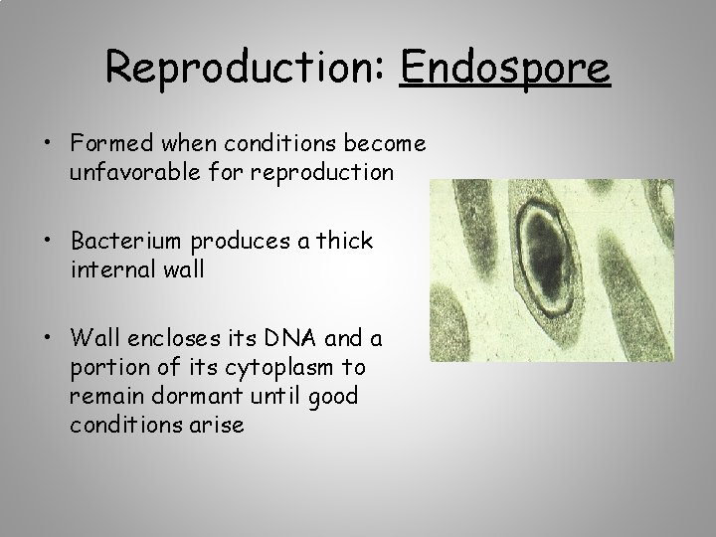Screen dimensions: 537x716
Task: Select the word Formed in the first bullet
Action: coord(106,144)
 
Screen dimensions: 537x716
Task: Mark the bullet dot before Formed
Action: coord(48,145)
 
